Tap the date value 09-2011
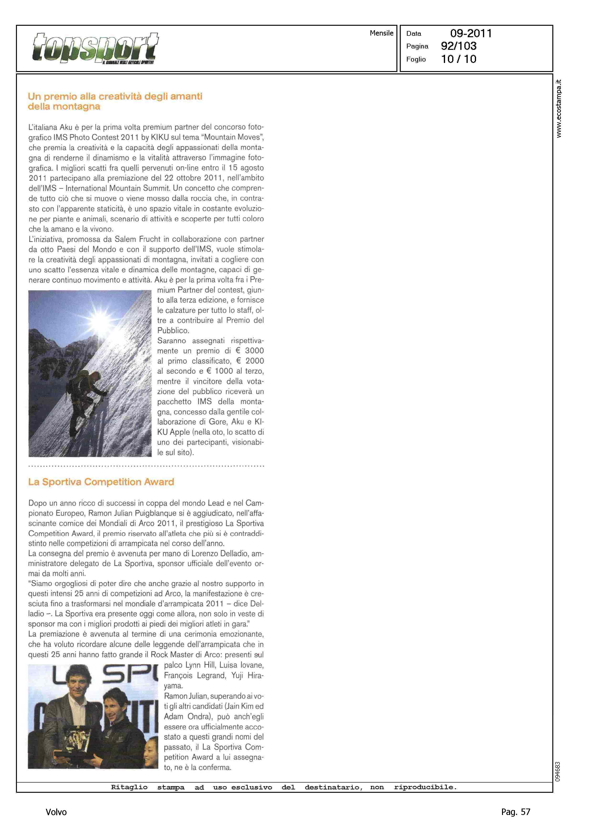click(471, 33)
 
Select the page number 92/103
click(459, 46)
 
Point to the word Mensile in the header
click(381, 33)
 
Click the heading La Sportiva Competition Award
click(101, 482)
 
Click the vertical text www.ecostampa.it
click(558, 109)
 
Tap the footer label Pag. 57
click(515, 812)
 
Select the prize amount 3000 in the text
click(254, 351)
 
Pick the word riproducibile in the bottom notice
click(425, 787)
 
